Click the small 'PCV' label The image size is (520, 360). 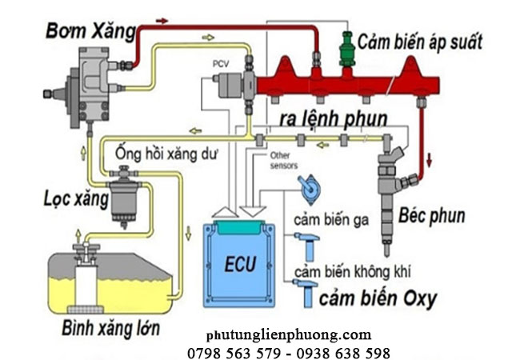[x=220, y=62]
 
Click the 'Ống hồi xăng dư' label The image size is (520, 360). [x=166, y=152]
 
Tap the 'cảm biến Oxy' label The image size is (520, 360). [x=378, y=299]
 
